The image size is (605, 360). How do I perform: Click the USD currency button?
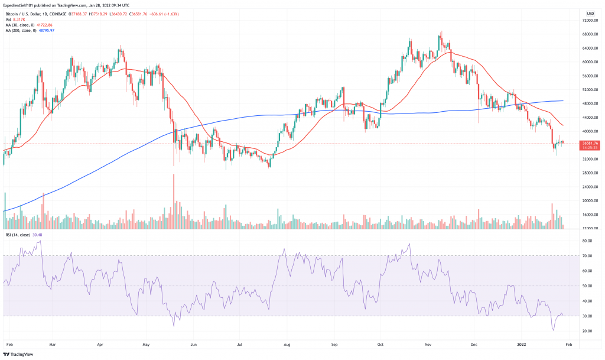click(590, 13)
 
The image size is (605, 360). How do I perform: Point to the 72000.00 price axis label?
click(589, 20)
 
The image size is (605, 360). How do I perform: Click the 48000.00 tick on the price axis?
click(589, 103)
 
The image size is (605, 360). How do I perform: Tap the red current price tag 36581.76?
click(589, 142)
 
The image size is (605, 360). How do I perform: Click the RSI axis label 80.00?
click(587, 241)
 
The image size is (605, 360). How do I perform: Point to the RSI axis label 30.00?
click(587, 316)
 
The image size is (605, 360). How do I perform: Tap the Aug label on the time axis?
click(287, 343)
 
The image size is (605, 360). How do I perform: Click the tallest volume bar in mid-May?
click(174, 201)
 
